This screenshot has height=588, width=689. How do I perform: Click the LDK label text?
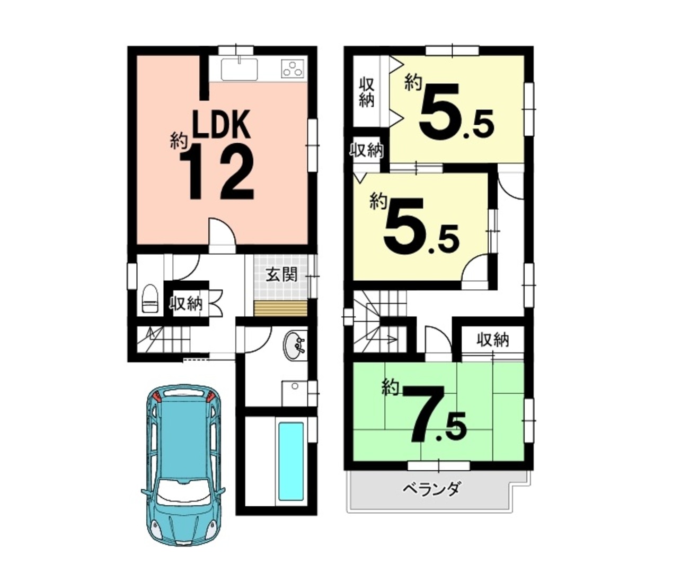(222, 125)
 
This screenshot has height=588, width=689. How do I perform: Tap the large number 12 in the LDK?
(217, 172)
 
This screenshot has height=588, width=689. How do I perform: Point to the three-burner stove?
(293, 69)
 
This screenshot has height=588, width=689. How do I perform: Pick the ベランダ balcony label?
(432, 490)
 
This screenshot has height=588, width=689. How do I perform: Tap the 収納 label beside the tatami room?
(493, 340)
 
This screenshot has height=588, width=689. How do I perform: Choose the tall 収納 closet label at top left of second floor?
(367, 92)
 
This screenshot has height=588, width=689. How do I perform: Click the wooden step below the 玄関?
(280, 308)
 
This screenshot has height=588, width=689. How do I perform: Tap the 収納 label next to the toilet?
(187, 304)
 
